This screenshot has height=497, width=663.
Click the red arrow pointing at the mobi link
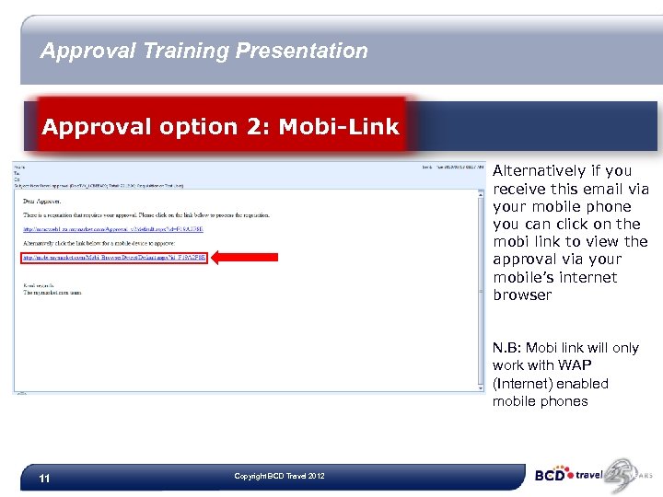coord(245,259)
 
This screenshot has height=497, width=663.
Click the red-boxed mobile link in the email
coord(115,258)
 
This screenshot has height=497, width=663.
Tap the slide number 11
coord(45,479)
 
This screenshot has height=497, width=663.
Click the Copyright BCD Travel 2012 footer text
coord(280,476)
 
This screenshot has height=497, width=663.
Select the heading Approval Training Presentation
coord(204,51)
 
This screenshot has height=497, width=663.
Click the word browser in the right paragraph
coord(522,295)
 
